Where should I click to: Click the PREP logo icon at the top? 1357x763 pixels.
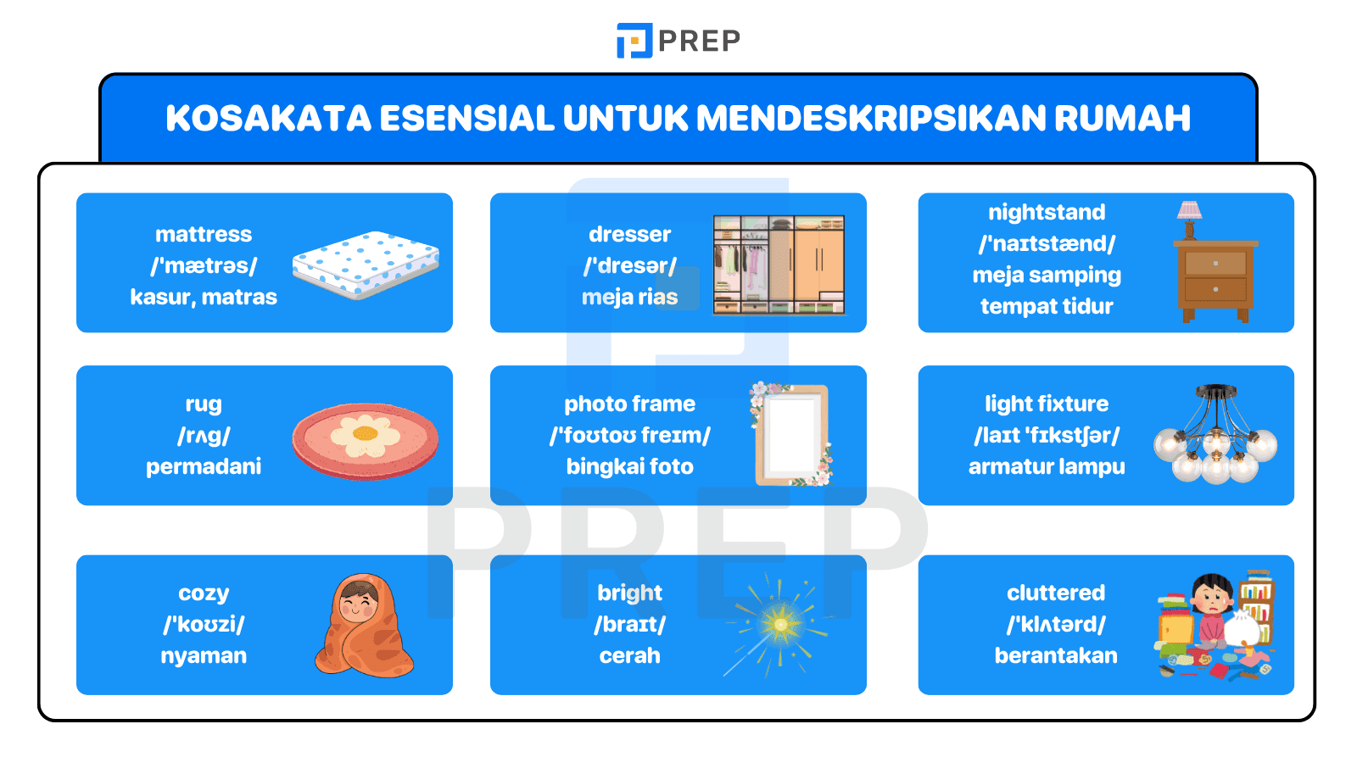[634, 41]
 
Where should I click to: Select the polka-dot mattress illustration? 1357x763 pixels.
[366, 265]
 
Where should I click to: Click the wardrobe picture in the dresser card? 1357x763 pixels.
[779, 265]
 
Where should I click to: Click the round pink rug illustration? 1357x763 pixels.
[366, 440]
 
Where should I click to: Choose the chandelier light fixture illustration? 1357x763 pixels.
[1215, 436]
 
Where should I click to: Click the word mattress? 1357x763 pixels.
[204, 234]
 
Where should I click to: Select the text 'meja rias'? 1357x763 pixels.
[629, 297]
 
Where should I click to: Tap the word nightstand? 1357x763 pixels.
[1047, 212]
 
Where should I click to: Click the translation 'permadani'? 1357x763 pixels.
[204, 466]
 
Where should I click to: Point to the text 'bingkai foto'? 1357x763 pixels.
[629, 466]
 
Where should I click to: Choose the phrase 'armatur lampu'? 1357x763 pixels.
[1047, 466]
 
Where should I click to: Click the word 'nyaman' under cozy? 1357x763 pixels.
[204, 655]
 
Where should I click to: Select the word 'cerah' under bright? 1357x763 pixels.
[629, 655]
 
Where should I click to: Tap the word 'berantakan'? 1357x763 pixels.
[1056, 655]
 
